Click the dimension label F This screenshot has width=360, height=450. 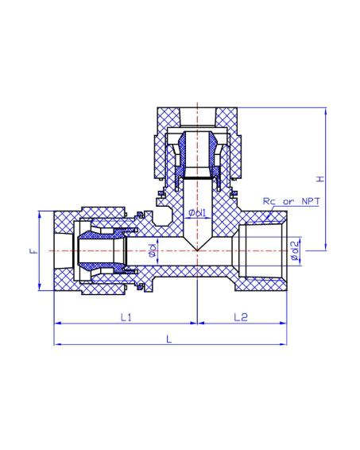pyautogui.click(x=34, y=250)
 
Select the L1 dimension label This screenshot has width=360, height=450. pyautogui.click(x=126, y=317)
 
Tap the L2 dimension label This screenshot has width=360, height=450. pyautogui.click(x=241, y=317)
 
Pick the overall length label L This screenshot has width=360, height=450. pyautogui.click(x=169, y=339)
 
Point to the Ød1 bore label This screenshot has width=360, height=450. pyautogui.click(x=197, y=212)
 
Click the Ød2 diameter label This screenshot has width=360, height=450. pyautogui.click(x=295, y=250)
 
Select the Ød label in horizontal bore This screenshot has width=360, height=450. pyautogui.click(x=153, y=250)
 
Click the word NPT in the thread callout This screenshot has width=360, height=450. pyautogui.click(x=311, y=201)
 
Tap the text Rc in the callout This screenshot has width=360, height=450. pyautogui.click(x=269, y=201)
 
